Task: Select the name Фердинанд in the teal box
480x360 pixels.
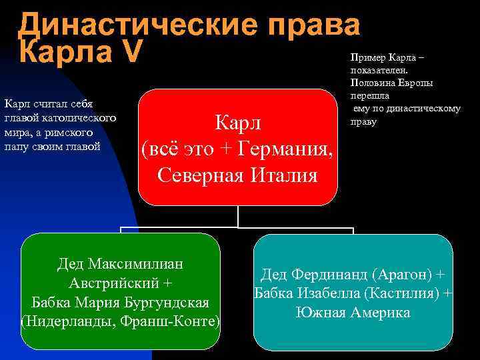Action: pos(329,275)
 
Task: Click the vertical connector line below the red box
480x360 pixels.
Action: pos(238,215)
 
